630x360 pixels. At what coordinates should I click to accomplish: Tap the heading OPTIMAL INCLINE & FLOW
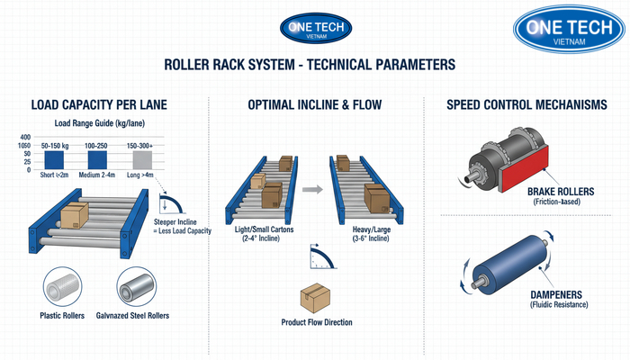click(x=314, y=105)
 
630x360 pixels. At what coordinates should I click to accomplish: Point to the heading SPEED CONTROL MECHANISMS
click(x=526, y=105)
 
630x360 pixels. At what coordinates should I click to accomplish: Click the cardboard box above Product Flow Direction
click(x=314, y=297)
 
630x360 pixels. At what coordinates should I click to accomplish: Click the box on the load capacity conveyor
click(x=73, y=215)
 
